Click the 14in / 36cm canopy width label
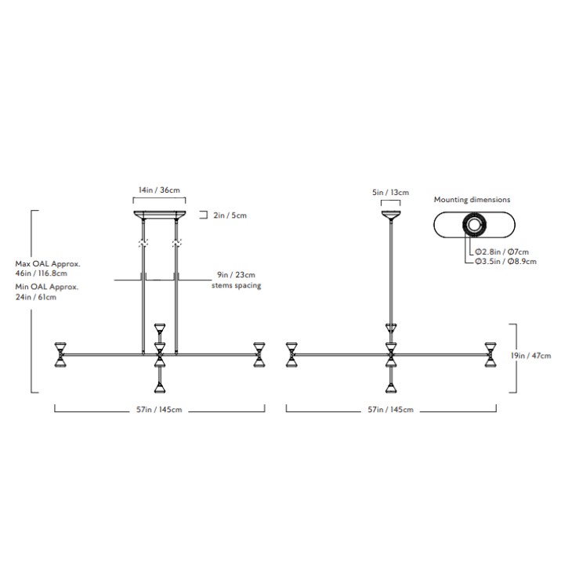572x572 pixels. pyautogui.click(x=159, y=190)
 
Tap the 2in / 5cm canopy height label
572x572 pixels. pyautogui.click(x=230, y=215)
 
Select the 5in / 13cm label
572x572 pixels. pyautogui.click(x=390, y=192)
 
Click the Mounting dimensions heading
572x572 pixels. pyautogui.click(x=472, y=200)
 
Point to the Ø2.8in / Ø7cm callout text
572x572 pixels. pyautogui.click(x=501, y=252)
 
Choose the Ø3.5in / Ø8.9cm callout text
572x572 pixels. pyautogui.click(x=505, y=261)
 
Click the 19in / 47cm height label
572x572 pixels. pyautogui.click(x=530, y=356)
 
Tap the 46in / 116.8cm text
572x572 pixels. pyautogui.click(x=42, y=273)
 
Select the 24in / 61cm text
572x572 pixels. pyautogui.click(x=36, y=297)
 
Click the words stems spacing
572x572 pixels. pyautogui.click(x=237, y=285)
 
